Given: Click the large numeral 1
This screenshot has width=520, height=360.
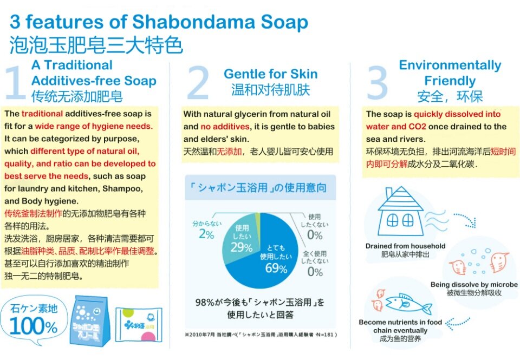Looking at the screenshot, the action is (x=16, y=82).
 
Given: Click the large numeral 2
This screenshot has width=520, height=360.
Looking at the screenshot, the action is (x=198, y=82).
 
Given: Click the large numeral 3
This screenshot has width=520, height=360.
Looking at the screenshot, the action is (x=378, y=82).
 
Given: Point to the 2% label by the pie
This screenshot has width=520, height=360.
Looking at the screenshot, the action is (x=206, y=234).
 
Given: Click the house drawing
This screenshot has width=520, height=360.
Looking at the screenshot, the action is (x=401, y=212).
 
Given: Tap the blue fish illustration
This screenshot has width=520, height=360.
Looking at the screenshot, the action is (x=408, y=303).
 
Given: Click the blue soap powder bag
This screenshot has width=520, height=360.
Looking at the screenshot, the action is (x=89, y=321).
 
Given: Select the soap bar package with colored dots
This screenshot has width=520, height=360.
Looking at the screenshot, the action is (x=139, y=324).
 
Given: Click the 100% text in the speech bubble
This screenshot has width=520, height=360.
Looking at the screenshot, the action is (x=34, y=326).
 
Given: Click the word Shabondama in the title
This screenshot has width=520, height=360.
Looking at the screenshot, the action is (x=194, y=22).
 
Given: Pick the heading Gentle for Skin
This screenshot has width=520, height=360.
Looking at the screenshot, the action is (x=271, y=74).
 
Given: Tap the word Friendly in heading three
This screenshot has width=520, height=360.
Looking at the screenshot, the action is (x=450, y=81).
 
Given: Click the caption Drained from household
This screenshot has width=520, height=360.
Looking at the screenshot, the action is (x=405, y=246).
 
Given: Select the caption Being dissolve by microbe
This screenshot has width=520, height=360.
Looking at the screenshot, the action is (x=474, y=284).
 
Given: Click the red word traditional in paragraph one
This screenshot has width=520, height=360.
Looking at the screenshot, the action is (x=42, y=114).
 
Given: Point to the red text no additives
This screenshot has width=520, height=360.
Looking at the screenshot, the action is (x=225, y=127).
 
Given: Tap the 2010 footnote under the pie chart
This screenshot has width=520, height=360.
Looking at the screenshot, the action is (x=261, y=335).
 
